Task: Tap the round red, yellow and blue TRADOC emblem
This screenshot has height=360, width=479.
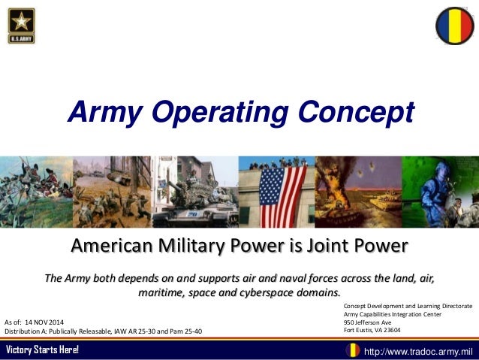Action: click(454, 26)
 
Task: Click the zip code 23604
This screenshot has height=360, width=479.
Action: click(389, 331)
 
